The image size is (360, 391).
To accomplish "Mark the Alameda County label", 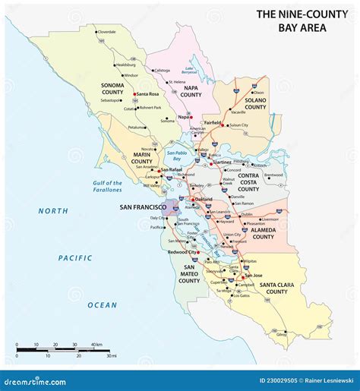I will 263,232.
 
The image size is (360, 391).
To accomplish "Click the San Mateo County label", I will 188,274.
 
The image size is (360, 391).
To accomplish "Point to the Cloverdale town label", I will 107,32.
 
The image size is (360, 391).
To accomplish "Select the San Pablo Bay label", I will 177,156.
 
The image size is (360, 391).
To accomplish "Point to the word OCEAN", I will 102,304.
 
